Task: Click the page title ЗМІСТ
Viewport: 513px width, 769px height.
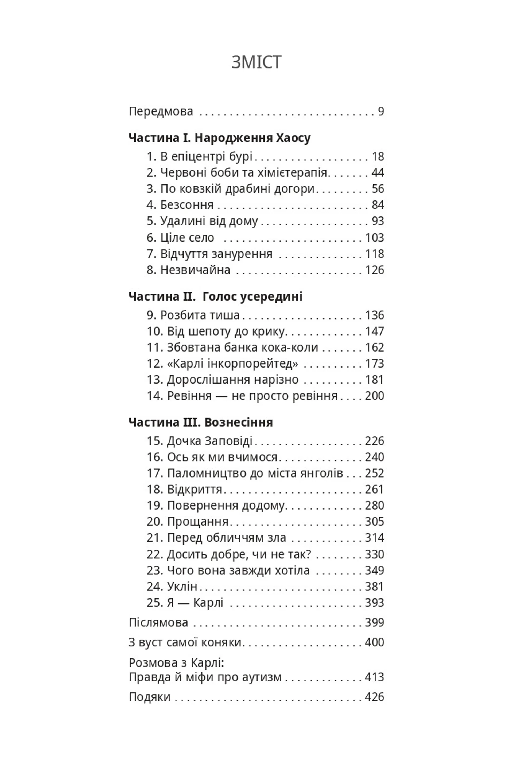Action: click(x=256, y=62)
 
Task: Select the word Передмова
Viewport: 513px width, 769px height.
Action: click(x=161, y=112)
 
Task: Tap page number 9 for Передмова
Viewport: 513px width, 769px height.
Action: click(x=380, y=112)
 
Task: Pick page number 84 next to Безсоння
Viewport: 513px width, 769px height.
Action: click(x=378, y=205)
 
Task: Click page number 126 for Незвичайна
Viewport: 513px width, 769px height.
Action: click(x=374, y=270)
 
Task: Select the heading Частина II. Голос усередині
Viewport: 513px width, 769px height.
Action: click(x=215, y=297)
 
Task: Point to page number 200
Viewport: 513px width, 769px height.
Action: click(x=374, y=396)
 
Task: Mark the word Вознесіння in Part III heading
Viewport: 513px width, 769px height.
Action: click(x=239, y=422)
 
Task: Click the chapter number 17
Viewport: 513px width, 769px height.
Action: click(x=154, y=473)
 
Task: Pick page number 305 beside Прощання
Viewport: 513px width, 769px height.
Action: click(x=374, y=522)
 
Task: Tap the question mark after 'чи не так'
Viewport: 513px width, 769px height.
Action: click(x=308, y=554)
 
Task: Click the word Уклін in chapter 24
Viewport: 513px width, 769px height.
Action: click(x=182, y=587)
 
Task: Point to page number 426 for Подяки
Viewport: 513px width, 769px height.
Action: click(x=374, y=697)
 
